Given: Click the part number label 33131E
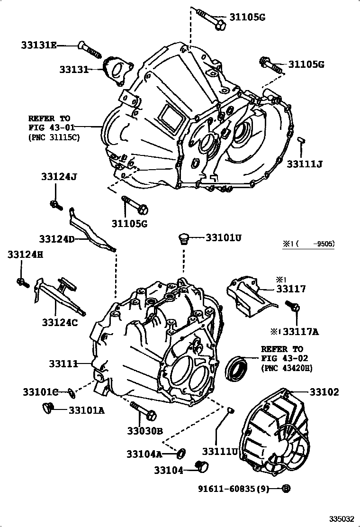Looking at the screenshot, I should coord(38,45).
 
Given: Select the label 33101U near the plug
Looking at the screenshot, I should coord(223,237).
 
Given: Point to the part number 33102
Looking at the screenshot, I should coord(324,392).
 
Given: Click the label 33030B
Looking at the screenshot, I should coord(144,431).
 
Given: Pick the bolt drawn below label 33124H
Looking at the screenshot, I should coord(22,282).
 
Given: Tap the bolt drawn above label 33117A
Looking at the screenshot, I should coord(295,308).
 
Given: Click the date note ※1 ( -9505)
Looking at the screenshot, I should coord(309,245).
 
